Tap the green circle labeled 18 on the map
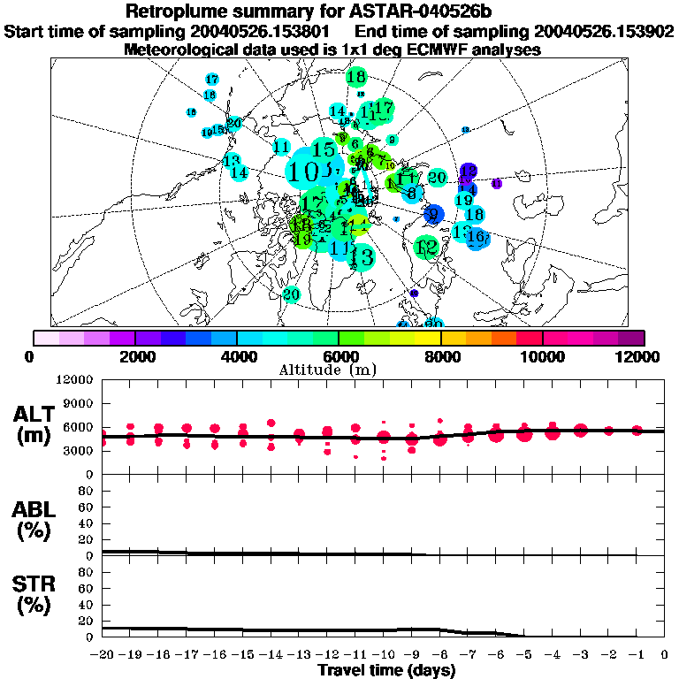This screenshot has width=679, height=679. pyautogui.click(x=356, y=78)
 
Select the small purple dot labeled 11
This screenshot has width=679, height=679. pyautogui.click(x=496, y=183)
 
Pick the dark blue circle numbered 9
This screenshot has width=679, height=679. pyautogui.click(x=433, y=214)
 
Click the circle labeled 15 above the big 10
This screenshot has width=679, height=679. pyautogui.click(x=325, y=149)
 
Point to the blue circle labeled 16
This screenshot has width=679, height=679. pyautogui.click(x=477, y=237)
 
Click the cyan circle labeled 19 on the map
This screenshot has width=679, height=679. pyautogui.click(x=463, y=201)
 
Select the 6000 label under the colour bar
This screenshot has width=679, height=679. pyautogui.click(x=339, y=356)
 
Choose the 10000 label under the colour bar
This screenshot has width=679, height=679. pyautogui.click(x=542, y=356)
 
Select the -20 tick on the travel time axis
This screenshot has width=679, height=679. pyautogui.click(x=103, y=654)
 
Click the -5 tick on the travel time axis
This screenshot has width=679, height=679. pyautogui.click(x=524, y=654)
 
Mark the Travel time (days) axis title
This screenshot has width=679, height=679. pyautogui.click(x=386, y=670)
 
